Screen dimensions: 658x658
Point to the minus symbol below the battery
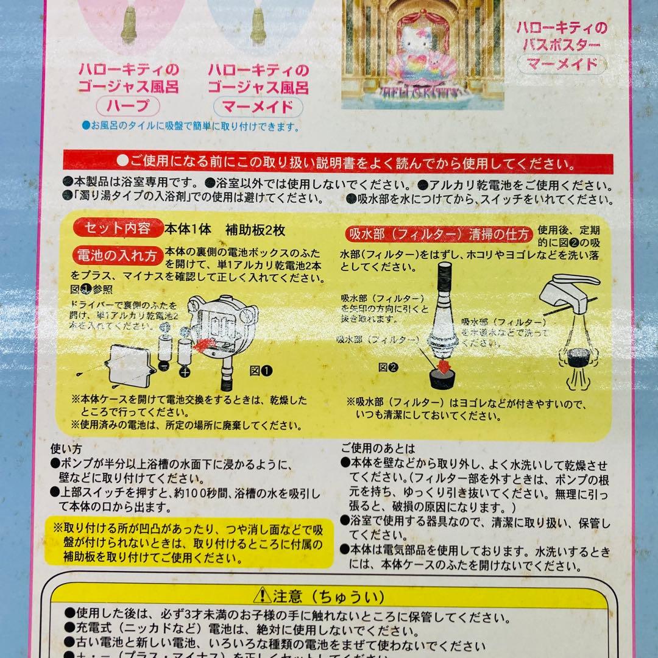coord(163,366)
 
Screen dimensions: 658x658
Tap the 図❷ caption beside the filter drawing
coord(387,367)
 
